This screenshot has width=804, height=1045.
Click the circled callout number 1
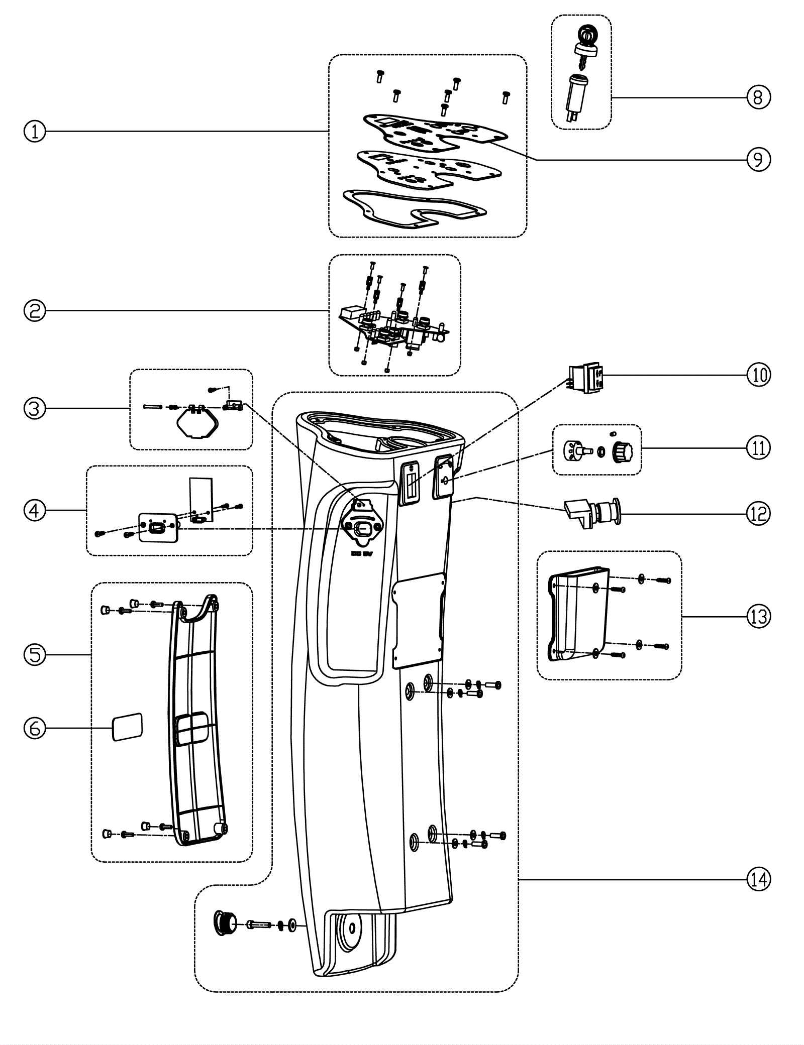click(x=35, y=132)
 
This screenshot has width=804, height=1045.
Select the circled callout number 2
click(x=35, y=311)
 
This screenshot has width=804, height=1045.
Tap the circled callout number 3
click(x=35, y=409)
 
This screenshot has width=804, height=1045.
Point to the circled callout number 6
click(x=35, y=728)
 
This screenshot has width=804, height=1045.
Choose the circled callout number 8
click(x=758, y=96)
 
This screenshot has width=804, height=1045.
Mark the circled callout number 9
click(x=758, y=159)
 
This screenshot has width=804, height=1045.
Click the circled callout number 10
click(x=758, y=375)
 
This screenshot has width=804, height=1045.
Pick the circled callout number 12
click(x=758, y=514)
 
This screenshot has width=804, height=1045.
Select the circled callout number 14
click(x=758, y=879)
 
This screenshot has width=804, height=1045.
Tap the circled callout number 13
click(x=758, y=616)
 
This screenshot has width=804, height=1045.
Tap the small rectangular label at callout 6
click(x=127, y=726)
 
